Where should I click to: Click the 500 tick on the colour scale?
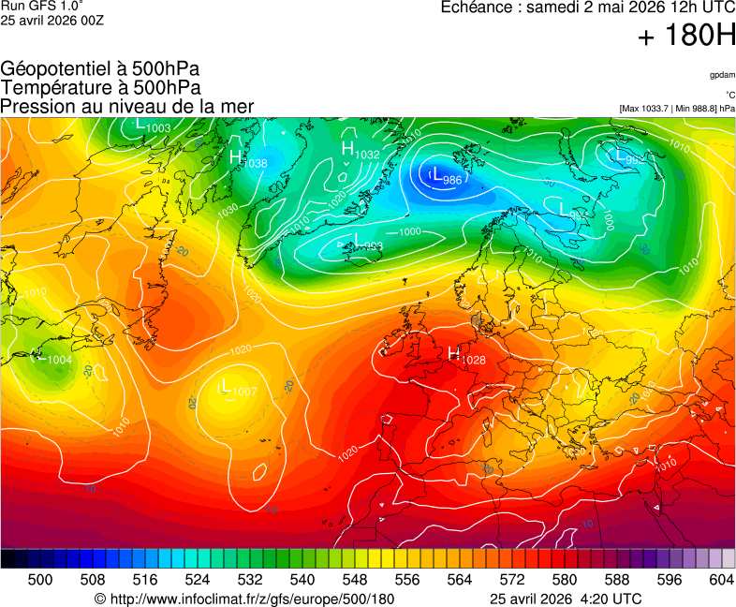(39, 580)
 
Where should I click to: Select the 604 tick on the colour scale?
(721, 580)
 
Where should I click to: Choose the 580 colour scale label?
(564, 580)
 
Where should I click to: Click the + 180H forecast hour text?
(686, 37)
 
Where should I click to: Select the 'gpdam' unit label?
(722, 74)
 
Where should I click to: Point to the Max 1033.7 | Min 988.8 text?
(676, 108)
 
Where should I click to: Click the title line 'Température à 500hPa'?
(101, 87)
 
